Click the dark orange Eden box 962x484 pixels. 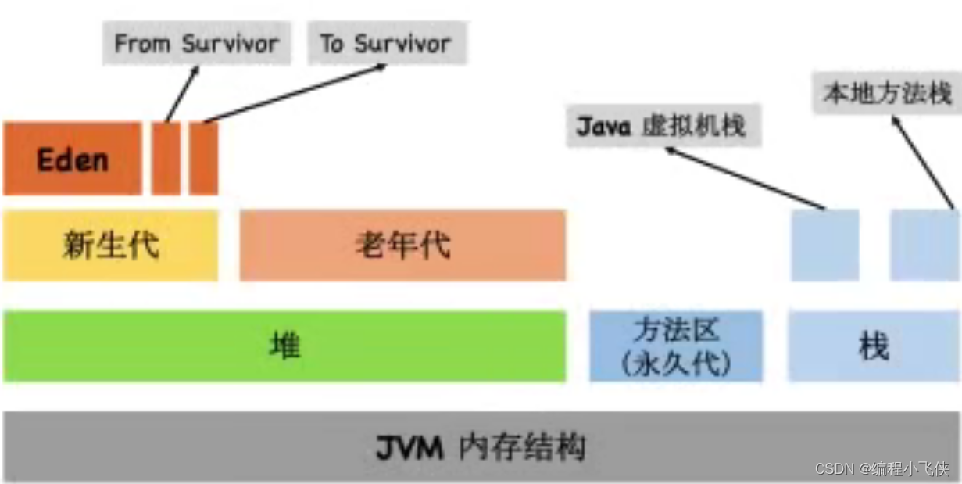point(72,159)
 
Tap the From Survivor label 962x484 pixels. point(196,43)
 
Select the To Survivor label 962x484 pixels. point(385,43)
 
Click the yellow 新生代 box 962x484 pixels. point(110,245)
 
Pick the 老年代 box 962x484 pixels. point(402,245)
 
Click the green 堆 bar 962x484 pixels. point(284,346)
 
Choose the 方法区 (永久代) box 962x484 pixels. point(676,346)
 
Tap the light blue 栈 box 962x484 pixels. point(873,346)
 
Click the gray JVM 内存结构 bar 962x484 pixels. point(481,446)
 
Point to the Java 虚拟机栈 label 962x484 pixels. point(663,125)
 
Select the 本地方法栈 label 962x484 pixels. point(887,94)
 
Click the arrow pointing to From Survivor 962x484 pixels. point(182,94)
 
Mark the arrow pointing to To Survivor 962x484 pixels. point(295,93)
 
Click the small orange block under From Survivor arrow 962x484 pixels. point(166,159)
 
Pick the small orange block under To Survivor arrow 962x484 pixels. point(203,159)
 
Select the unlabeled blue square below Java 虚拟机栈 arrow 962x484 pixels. point(824,245)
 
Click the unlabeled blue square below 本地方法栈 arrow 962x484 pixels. point(924,245)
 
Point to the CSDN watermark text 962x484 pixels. point(882,468)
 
